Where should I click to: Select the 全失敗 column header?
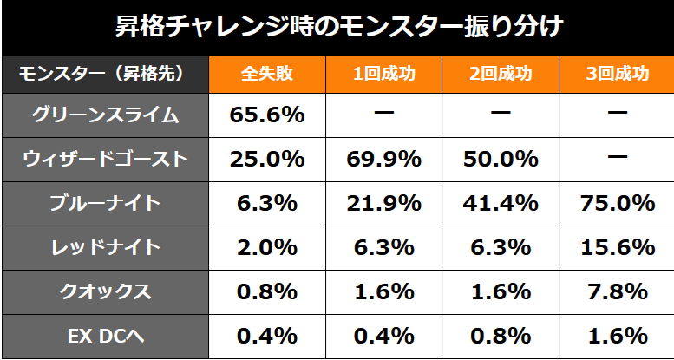click(x=266, y=75)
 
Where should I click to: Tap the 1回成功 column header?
click(x=383, y=75)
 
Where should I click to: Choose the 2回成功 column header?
click(x=500, y=75)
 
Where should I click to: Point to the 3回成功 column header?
click(x=617, y=75)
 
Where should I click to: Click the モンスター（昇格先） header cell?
click(x=105, y=75)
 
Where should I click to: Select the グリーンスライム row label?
click(x=105, y=115)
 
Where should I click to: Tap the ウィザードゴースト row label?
click(x=105, y=159)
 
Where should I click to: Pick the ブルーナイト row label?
click(x=105, y=203)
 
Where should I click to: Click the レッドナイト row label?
click(x=105, y=247)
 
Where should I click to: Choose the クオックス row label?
click(x=105, y=291)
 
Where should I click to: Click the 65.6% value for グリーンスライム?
click(x=266, y=115)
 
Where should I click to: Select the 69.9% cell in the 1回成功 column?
click(x=383, y=159)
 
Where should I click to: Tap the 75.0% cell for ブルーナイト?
click(x=617, y=203)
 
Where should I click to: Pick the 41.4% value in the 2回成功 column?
click(x=500, y=203)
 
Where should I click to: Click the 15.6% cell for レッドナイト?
click(x=617, y=247)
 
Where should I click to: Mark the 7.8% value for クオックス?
click(x=617, y=291)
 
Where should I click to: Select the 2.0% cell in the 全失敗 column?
click(x=266, y=247)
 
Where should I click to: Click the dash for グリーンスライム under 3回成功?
click(x=617, y=115)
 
